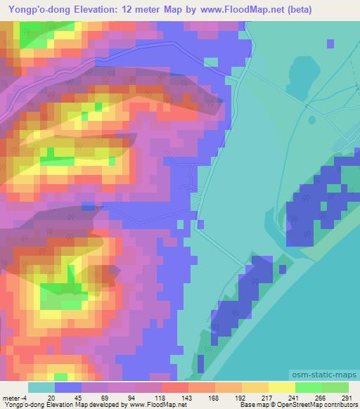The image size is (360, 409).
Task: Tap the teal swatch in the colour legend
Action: tap(41, 387)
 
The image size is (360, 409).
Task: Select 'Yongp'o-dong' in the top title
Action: tap(34, 10)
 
